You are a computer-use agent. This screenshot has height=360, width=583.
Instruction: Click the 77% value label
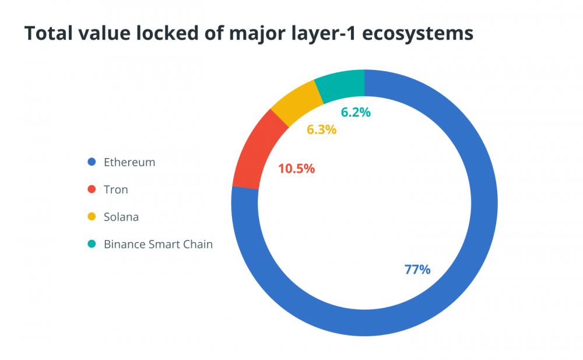[417, 270]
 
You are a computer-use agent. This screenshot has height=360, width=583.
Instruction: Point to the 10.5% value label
[296, 169]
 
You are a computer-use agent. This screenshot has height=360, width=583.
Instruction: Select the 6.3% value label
[321, 130]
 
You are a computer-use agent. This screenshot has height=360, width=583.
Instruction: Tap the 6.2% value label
[356, 113]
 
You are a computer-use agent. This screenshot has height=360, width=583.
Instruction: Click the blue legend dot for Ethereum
[91, 162]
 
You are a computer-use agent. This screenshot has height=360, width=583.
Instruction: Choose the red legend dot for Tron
[91, 190]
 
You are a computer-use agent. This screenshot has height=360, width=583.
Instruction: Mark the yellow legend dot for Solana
[91, 217]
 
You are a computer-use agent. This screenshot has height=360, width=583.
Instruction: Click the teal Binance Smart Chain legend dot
[91, 244]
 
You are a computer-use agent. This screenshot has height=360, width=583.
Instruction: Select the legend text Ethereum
[129, 162]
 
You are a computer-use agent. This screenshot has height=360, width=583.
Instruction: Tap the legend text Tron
[115, 190]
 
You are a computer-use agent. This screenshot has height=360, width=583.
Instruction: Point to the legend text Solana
[121, 217]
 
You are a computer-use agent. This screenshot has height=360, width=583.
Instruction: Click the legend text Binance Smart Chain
[158, 244]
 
